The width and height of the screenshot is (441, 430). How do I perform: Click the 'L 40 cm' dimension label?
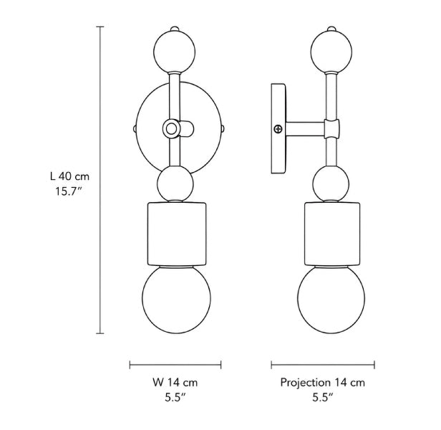[69, 176]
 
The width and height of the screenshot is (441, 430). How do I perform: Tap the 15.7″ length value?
[68, 191]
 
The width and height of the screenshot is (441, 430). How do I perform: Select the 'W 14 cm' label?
[175, 383]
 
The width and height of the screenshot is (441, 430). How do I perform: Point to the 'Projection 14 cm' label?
[323, 383]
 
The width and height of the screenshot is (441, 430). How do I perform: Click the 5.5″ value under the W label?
[175, 398]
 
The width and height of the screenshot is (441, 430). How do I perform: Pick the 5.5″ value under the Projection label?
[323, 398]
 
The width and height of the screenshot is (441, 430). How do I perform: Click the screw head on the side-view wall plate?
[278, 129]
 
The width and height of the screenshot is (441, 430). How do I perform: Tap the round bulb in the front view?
[176, 300]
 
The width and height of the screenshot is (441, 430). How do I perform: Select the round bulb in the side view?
[331, 300]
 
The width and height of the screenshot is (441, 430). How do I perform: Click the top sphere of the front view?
[175, 52]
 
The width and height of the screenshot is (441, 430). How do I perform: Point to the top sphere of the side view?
[331, 52]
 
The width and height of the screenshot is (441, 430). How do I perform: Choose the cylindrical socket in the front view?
[177, 234]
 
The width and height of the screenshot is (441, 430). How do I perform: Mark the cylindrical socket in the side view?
[332, 234]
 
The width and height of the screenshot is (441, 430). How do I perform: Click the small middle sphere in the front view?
[175, 183]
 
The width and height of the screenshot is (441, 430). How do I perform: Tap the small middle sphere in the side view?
[331, 183]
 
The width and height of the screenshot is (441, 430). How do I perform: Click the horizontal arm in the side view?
[305, 129]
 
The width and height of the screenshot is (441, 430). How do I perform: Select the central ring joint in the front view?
[170, 129]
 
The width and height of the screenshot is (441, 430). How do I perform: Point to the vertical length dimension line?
[100, 180]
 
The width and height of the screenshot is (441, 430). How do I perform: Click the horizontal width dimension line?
[175, 365]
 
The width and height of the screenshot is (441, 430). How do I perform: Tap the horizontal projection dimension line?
[323, 365]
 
